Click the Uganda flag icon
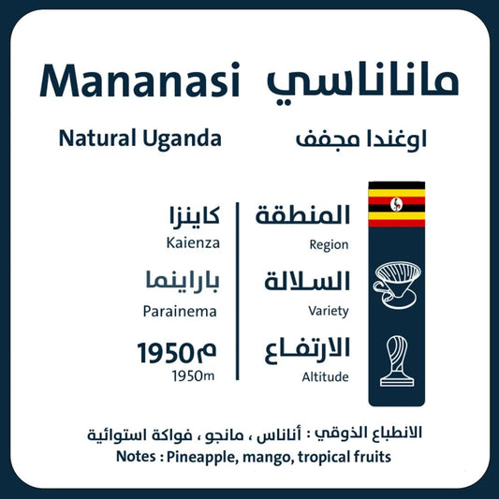click(396, 204)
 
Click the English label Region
click(328, 245)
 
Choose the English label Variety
click(328, 310)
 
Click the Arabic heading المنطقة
click(303, 215)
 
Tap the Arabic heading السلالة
click(303, 282)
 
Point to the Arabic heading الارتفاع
click(303, 349)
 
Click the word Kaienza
click(193, 243)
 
